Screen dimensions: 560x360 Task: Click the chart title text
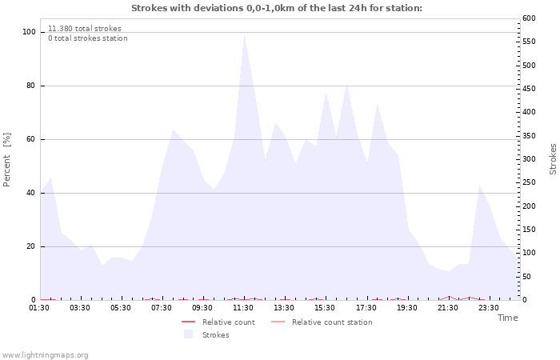277,8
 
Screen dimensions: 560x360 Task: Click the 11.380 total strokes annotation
85,29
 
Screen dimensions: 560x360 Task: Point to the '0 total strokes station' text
88,38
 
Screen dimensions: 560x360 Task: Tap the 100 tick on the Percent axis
29,32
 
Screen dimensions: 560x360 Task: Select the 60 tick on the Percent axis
31,139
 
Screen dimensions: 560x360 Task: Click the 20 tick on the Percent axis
31,246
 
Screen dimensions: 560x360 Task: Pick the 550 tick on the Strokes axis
529,42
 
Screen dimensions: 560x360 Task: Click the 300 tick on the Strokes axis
529,159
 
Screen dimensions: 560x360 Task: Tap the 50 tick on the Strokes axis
526,277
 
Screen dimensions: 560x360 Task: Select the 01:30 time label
39,308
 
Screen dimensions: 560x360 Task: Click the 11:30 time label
243,308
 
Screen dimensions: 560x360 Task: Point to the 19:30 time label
406,308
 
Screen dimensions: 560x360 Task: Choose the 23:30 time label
489,308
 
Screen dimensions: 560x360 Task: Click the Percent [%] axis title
6,160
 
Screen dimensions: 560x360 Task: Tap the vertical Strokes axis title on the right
553,159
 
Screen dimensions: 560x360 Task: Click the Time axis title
507,318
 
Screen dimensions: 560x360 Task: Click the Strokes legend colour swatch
188,334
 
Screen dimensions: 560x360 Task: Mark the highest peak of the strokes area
244,34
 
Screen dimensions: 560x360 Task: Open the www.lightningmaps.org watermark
45,355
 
